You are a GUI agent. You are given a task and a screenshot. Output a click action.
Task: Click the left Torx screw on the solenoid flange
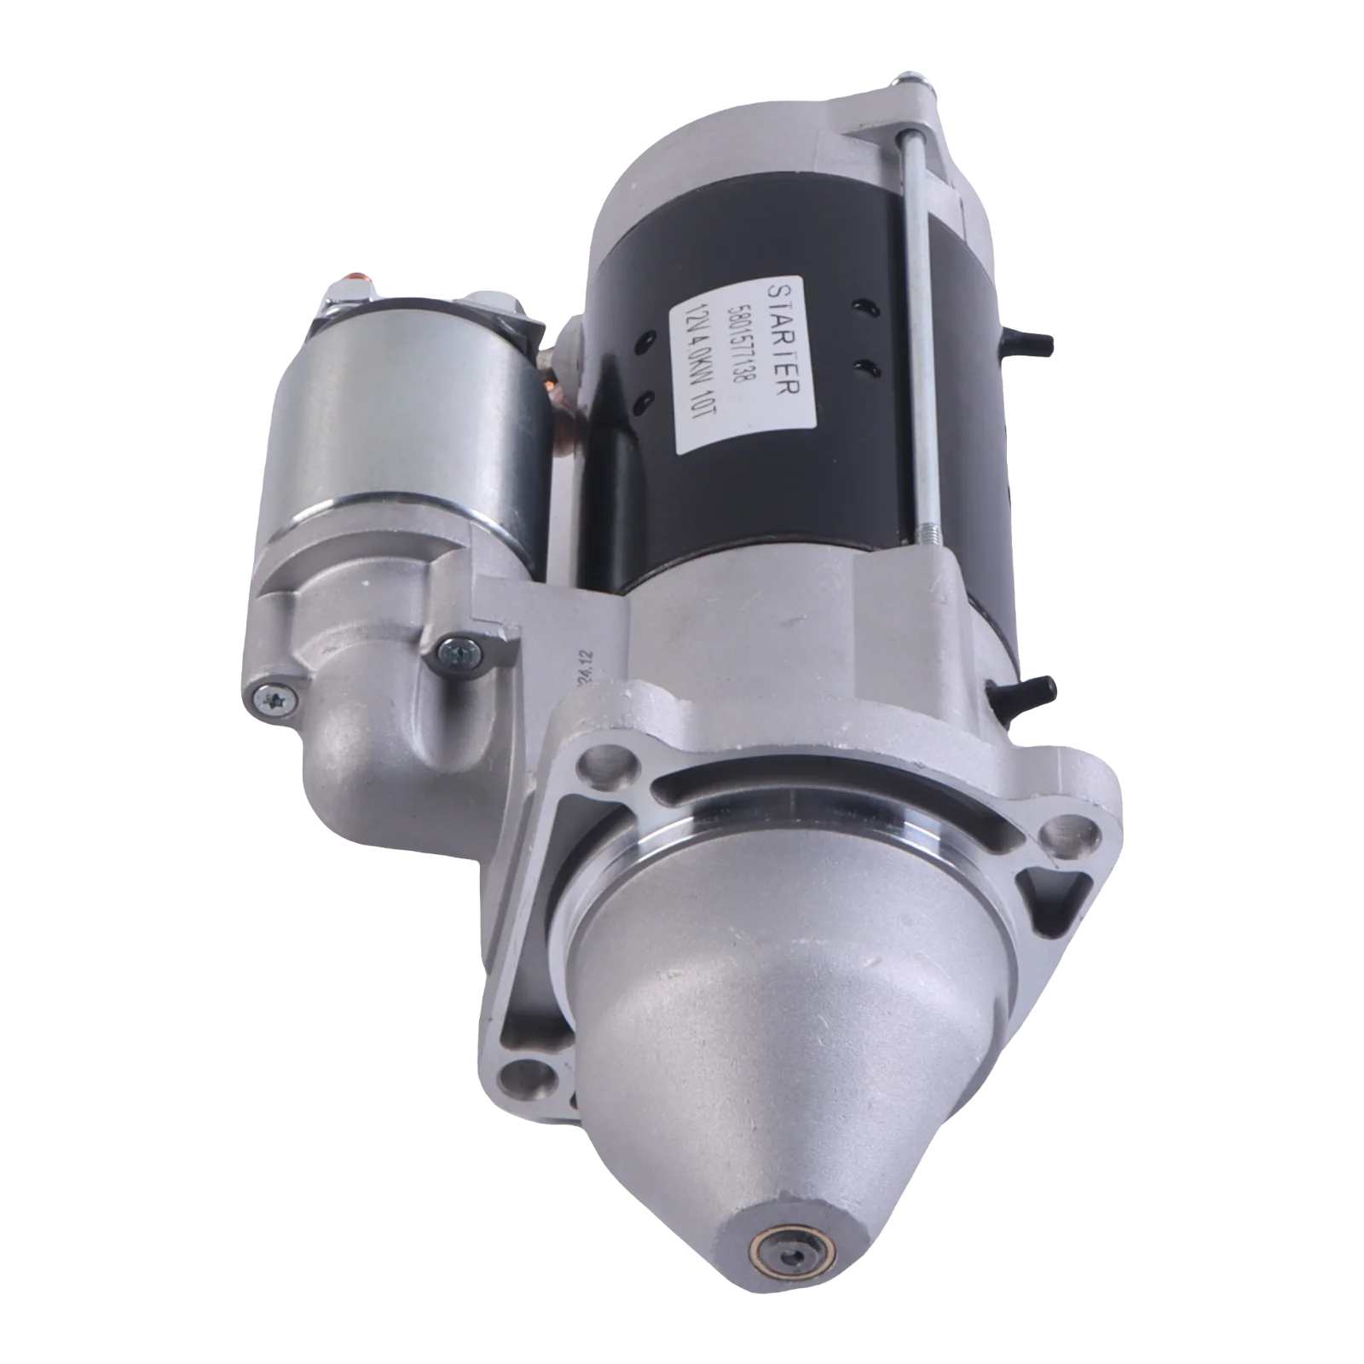pyautogui.click(x=270, y=699)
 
